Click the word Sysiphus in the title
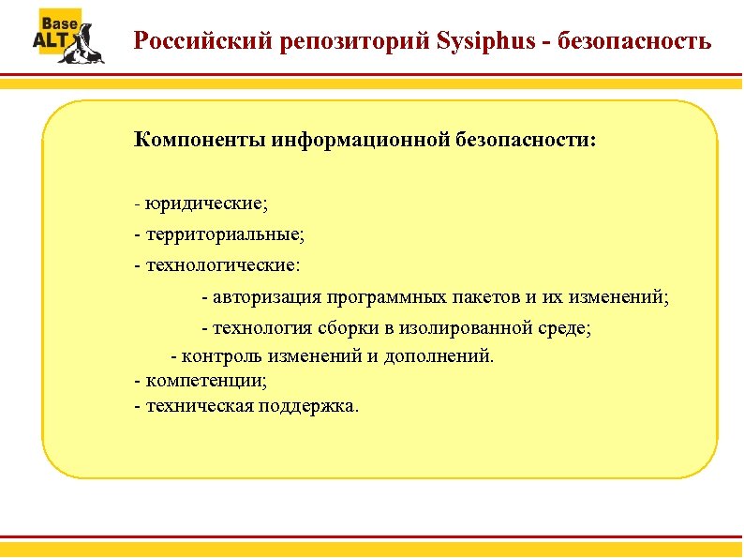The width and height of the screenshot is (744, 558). [489, 42]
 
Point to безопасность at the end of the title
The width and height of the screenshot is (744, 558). [641, 42]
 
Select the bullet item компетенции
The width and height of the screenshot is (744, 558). [205, 382]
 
